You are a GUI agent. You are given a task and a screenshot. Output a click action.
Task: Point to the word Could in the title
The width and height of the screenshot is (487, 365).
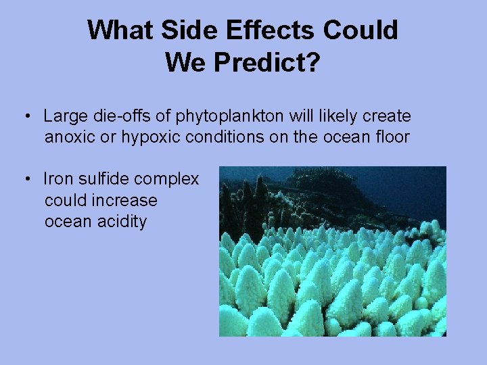pyautogui.click(x=361, y=30)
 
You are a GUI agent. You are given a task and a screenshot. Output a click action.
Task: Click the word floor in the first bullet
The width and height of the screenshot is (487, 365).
pyautogui.click(x=394, y=137)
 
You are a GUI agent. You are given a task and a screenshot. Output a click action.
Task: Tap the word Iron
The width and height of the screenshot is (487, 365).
pyautogui.click(x=57, y=179)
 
